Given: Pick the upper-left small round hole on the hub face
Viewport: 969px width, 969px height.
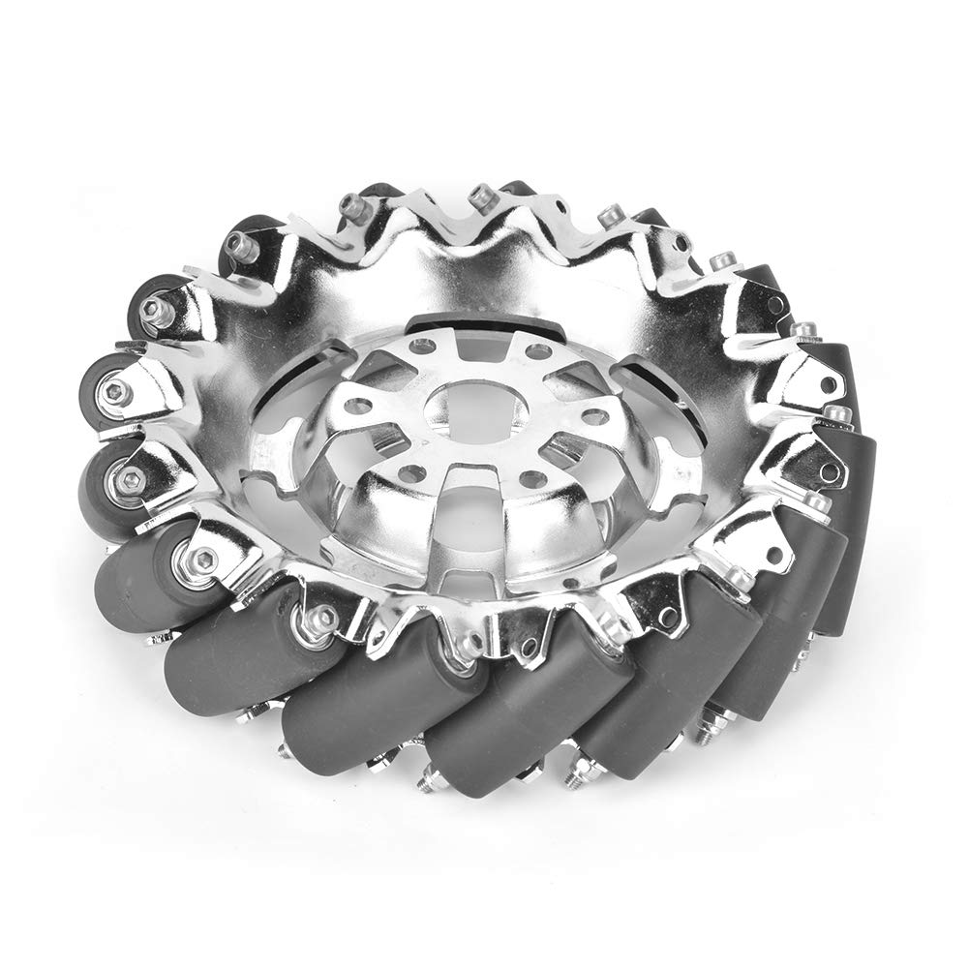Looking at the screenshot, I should pos(419,345).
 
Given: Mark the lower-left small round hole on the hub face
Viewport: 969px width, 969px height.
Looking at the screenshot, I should pos(415,473).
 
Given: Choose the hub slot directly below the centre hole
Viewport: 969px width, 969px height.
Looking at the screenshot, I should pos(467,503).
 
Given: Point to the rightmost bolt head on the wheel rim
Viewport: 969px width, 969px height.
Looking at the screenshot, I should pos(838,414).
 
